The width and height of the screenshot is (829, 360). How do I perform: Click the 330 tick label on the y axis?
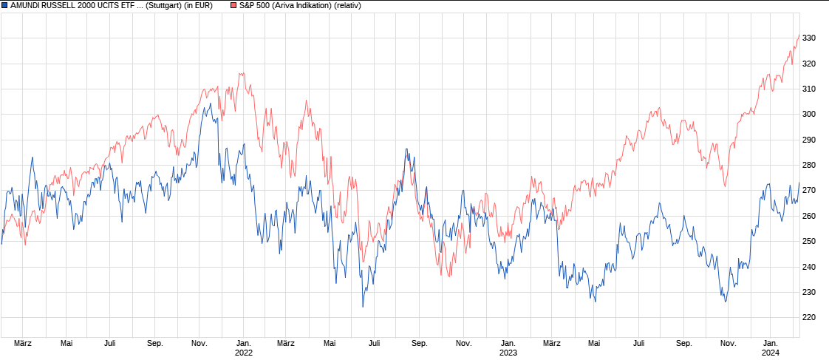[808, 38]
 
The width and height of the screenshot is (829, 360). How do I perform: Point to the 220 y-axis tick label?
[808, 317]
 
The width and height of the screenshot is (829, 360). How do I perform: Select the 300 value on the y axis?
[808, 114]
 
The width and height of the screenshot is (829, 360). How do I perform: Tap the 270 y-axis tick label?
[808, 190]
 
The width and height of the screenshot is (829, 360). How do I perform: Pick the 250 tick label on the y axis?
[808, 241]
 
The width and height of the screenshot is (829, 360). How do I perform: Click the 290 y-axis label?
[808, 140]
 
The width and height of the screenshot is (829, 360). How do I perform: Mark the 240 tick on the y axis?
[808, 267]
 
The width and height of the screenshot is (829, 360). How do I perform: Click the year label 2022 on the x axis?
[244, 353]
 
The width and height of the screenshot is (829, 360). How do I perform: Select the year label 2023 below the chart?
[508, 353]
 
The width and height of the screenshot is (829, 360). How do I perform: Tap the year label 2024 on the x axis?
[771, 353]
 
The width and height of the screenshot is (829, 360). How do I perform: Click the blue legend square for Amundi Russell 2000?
[4, 5]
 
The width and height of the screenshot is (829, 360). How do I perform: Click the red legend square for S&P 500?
[233, 5]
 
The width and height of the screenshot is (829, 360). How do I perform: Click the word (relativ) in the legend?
[347, 5]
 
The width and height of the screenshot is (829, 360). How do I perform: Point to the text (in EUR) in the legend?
[198, 5]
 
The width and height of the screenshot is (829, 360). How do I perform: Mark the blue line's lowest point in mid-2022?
[363, 307]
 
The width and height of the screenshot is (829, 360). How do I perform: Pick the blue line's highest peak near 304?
[210, 103]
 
